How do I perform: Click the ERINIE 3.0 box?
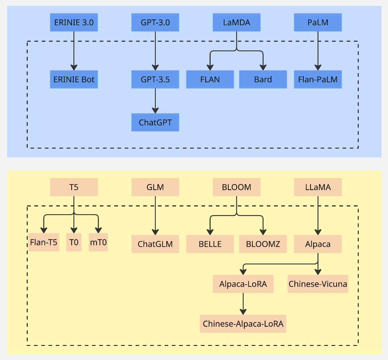click(74, 22)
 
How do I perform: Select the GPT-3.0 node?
click(155, 22)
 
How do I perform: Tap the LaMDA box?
click(237, 22)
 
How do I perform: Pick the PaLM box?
click(318, 22)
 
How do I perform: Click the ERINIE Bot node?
click(74, 79)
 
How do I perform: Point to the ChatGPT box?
click(155, 122)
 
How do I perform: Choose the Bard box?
click(263, 79)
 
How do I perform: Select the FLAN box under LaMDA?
click(210, 79)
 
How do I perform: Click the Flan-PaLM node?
click(318, 79)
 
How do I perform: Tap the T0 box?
click(74, 242)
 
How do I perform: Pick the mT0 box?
click(98, 242)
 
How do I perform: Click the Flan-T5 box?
click(44, 242)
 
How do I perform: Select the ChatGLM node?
click(155, 244)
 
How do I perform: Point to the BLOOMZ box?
click(263, 244)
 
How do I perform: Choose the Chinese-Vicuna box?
click(318, 284)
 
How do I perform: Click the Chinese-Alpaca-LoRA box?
click(243, 324)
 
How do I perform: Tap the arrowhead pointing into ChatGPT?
click(155, 110)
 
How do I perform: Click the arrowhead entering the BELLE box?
click(210, 232)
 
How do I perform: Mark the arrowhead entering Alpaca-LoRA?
click(243, 272)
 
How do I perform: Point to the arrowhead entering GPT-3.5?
click(155, 67)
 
